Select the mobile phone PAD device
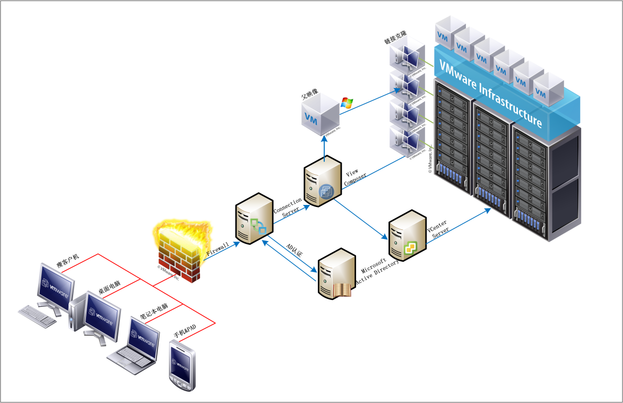tap(180, 366)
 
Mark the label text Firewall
tap(217, 249)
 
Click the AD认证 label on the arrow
tap(294, 251)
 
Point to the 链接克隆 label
tap(396, 40)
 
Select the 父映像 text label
tap(309, 96)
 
